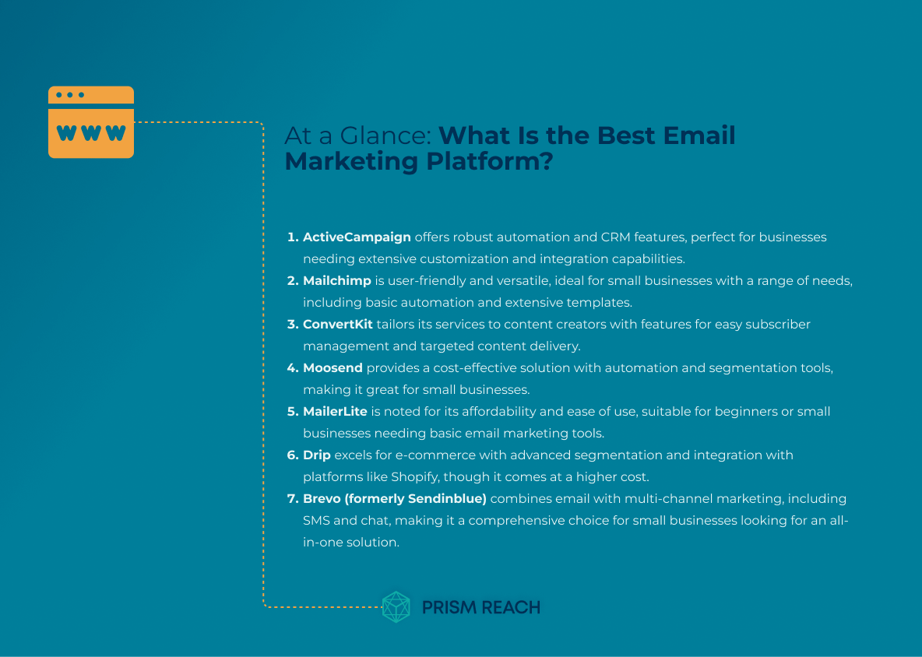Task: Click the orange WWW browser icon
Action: (91, 123)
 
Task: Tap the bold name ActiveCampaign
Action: (357, 237)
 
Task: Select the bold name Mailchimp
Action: (337, 280)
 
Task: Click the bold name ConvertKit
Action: (338, 324)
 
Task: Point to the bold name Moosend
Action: (333, 367)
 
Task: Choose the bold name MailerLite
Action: (335, 411)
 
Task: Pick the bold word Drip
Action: (317, 455)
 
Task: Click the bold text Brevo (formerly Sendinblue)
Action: (395, 498)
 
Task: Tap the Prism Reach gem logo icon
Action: (396, 607)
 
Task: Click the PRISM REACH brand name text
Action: (480, 607)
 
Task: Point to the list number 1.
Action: (292, 237)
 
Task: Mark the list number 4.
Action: (293, 367)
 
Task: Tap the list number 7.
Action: (293, 498)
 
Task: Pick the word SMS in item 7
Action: (316, 520)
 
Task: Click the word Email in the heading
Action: (699, 136)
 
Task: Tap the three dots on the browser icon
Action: (70, 95)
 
